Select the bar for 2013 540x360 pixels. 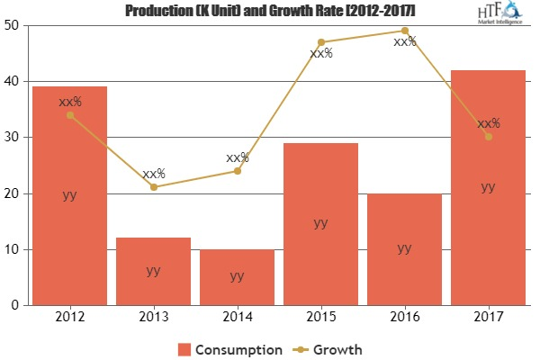(153, 271)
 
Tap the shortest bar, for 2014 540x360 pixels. (237, 277)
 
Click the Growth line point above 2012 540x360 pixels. (69, 115)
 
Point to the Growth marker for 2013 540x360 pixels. (153, 187)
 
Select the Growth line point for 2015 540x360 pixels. (320, 42)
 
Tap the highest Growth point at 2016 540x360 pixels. (404, 31)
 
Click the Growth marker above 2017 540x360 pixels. (488, 137)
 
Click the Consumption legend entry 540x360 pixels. (230, 348)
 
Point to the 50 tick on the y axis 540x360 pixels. (15, 25)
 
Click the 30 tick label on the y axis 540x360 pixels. (15, 138)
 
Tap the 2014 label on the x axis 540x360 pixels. (237, 317)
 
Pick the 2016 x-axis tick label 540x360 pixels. (404, 317)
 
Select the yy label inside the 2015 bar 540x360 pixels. (320, 222)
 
